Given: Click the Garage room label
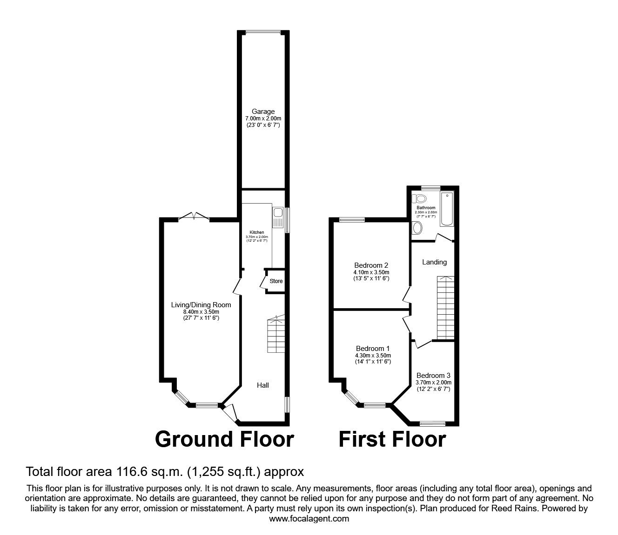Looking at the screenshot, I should [263, 112].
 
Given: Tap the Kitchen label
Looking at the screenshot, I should [257, 232].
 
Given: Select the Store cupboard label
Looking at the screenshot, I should [276, 281].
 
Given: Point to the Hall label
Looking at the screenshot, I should [263, 385].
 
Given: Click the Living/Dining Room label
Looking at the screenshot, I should [201, 305].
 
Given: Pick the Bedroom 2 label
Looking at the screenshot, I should [371, 265].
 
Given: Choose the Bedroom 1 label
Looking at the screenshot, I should [373, 348].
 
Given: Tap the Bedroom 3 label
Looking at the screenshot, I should [433, 375].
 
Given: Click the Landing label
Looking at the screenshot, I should [434, 262].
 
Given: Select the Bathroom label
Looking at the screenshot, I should [426, 208].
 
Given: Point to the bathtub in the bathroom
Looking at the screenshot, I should [447, 209].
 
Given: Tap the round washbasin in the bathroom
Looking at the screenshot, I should [417, 228].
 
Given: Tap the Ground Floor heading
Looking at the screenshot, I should [224, 439].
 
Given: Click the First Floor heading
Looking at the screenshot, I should [392, 439].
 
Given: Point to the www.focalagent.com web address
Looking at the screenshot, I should [309, 519].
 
